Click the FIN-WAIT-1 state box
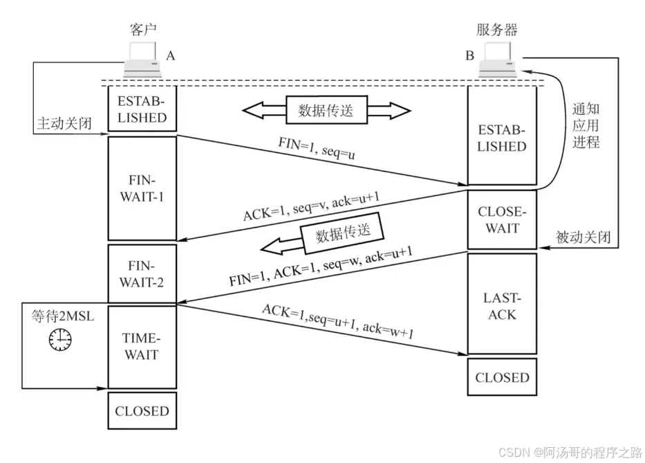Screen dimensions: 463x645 142,188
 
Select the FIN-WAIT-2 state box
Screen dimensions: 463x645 142,273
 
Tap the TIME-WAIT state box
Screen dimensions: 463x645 142,347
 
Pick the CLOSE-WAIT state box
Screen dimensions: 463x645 502,219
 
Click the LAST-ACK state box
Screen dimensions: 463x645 502,305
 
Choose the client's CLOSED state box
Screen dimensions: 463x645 142,411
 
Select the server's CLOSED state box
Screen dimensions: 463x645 502,377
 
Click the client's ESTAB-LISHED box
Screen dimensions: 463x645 142,108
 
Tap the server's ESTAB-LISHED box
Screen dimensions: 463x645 502,138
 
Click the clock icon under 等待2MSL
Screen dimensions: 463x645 59,338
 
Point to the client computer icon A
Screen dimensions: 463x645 143,59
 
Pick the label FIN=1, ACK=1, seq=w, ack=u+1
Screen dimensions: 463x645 321,270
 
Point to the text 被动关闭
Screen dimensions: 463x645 583,237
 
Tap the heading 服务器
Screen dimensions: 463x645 497,30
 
